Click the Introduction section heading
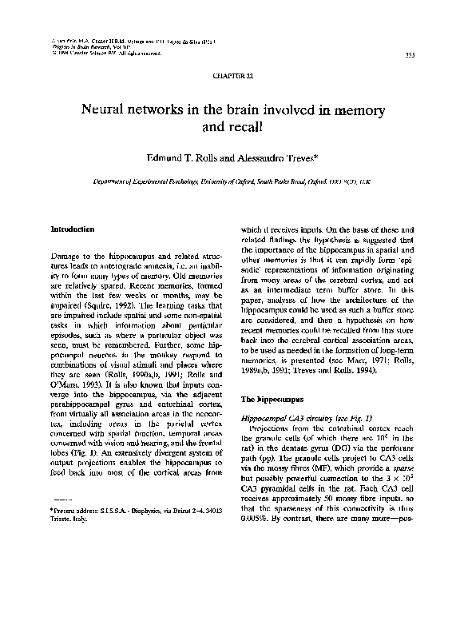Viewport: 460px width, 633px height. point(73,229)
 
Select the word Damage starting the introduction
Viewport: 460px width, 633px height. point(66,254)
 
